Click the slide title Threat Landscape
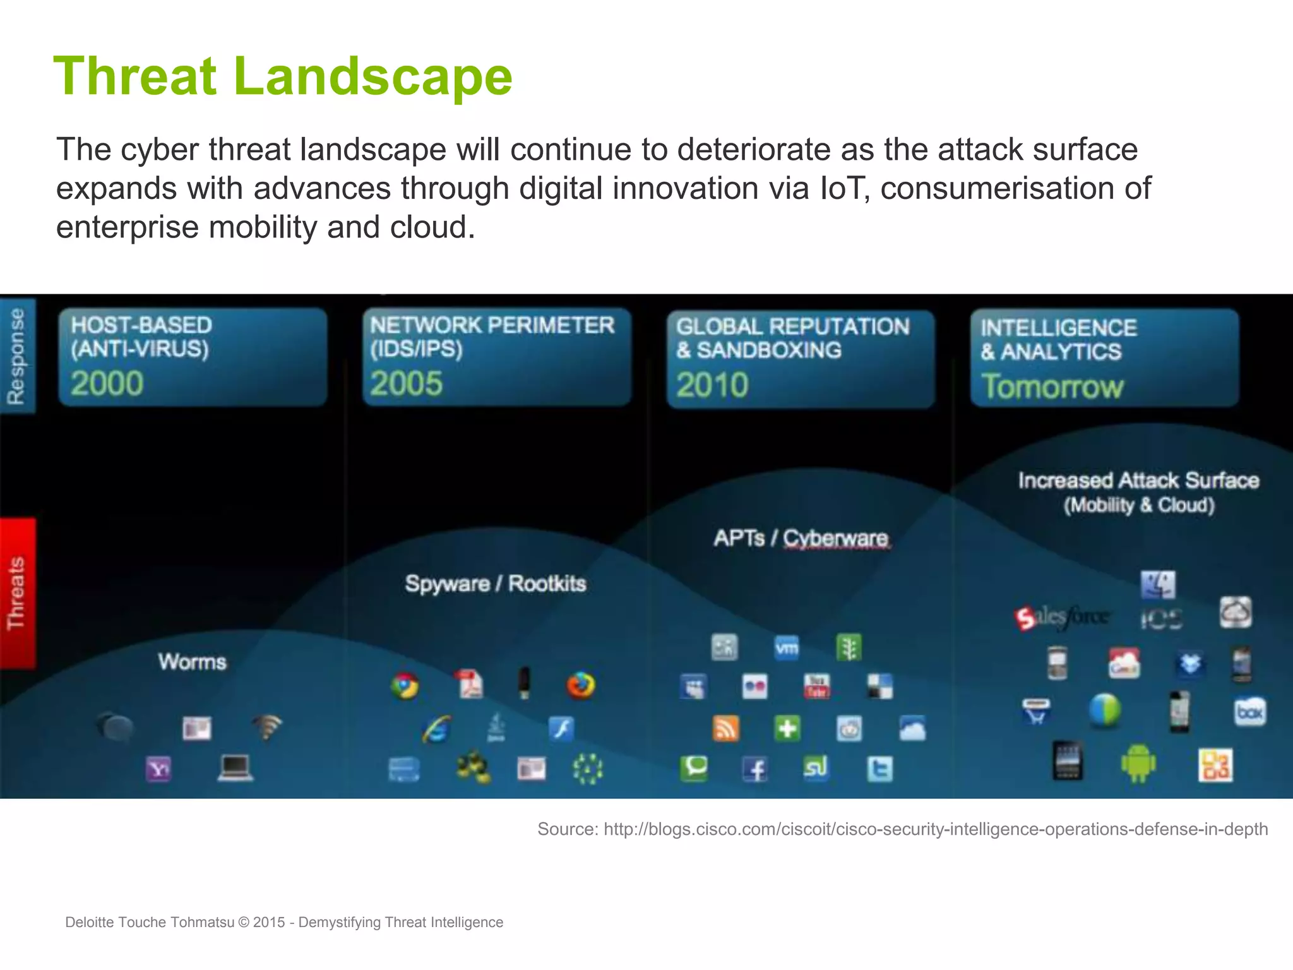click(x=282, y=76)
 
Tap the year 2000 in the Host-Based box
click(x=107, y=383)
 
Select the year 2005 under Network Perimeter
click(x=406, y=383)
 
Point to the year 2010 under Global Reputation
click(x=712, y=385)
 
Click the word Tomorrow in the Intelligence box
click(x=1052, y=386)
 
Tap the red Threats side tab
click(x=17, y=593)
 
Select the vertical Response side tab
click(x=17, y=356)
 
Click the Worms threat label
click(x=192, y=661)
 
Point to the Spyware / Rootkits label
click(x=495, y=583)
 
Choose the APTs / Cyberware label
click(x=801, y=538)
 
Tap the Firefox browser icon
click(x=580, y=685)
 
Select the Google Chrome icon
click(x=405, y=686)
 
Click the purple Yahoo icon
click(x=158, y=769)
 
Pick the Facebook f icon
click(x=755, y=769)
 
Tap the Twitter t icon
click(x=879, y=769)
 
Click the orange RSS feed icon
click(x=725, y=729)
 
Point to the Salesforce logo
click(x=1061, y=617)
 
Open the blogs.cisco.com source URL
click(x=935, y=829)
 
